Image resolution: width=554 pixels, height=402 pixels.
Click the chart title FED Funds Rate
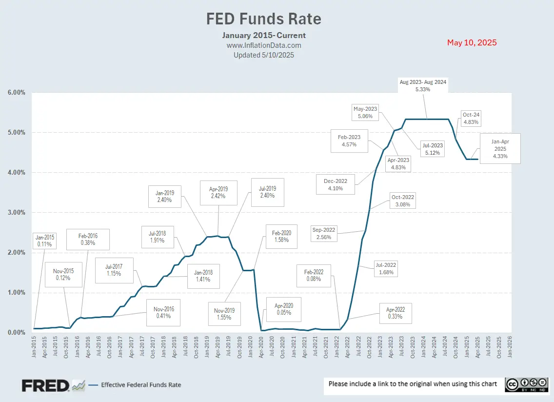[x=264, y=19]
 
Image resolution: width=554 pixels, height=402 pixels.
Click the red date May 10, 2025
[x=472, y=42]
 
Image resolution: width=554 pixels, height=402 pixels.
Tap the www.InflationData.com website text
[x=264, y=45]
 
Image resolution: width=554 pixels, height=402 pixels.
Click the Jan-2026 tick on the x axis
[x=510, y=347]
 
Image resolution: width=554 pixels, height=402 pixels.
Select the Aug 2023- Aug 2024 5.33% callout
[x=423, y=86]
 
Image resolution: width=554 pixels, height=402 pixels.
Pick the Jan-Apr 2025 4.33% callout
[x=500, y=148]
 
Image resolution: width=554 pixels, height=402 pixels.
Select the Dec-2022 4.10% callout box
[x=336, y=184]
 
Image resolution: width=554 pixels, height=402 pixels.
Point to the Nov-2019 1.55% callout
[x=224, y=313]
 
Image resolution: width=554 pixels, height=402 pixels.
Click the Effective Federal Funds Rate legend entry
[x=140, y=385]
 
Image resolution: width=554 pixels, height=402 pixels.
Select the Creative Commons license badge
[x=525, y=384]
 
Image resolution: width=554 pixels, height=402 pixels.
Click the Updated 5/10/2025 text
[x=264, y=55]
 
